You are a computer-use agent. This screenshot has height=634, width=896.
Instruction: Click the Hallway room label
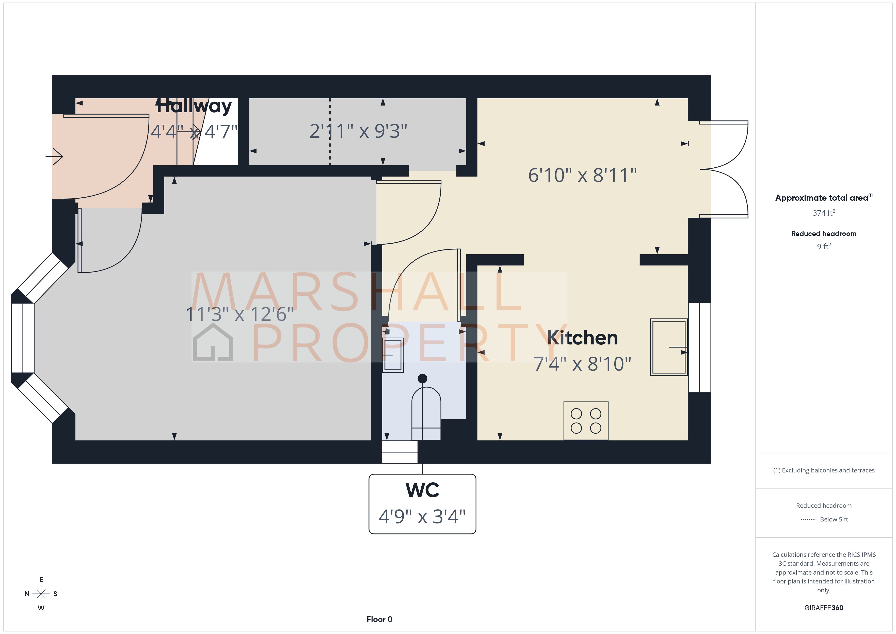[194, 106]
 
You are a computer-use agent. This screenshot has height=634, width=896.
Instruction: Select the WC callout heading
[422, 490]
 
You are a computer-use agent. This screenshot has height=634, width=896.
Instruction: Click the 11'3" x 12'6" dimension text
[239, 314]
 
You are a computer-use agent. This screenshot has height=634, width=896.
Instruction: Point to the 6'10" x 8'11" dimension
[582, 175]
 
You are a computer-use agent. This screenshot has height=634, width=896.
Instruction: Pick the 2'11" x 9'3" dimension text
[358, 131]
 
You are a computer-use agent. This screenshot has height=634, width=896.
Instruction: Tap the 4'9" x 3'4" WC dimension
[422, 516]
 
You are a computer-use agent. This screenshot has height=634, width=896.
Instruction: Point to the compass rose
[41, 594]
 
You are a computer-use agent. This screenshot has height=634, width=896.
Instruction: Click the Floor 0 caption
[379, 619]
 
